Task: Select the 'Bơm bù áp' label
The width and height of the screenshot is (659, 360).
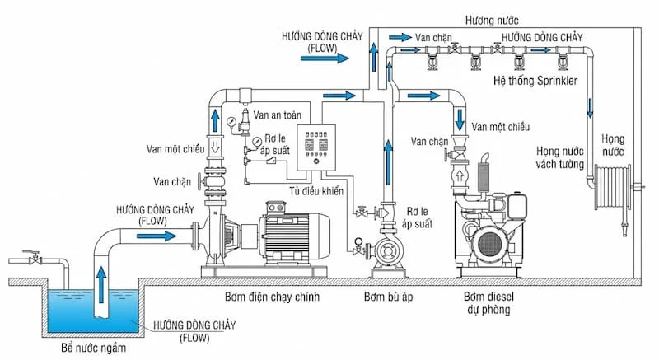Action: pyautogui.click(x=386, y=296)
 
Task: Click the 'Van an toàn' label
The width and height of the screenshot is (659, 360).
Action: pyautogui.click(x=276, y=116)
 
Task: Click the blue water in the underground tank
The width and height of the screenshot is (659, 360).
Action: pyautogui.click(x=66, y=309)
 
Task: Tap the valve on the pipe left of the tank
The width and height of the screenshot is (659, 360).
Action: pyautogui.click(x=35, y=259)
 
